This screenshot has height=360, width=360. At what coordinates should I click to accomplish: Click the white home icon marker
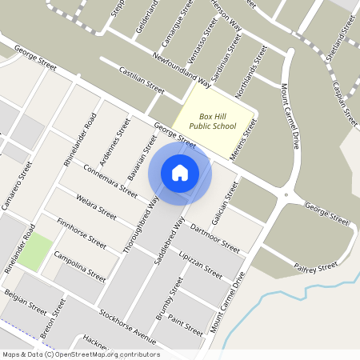coord(180,172)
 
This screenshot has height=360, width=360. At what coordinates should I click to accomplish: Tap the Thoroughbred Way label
coord(141,224)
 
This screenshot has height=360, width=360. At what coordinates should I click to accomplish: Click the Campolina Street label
coord(79,265)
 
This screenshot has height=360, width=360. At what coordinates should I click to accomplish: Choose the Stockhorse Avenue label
coord(127,322)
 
